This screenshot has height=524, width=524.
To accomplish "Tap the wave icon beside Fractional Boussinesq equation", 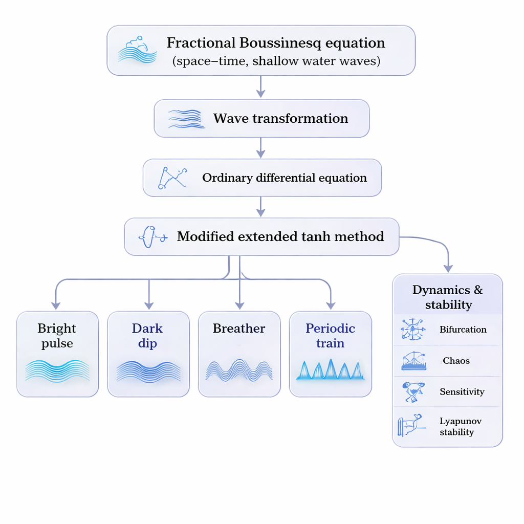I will click(x=137, y=50).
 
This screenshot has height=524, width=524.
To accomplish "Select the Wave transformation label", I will click(x=280, y=119).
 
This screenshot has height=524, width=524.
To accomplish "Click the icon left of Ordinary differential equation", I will click(x=172, y=178).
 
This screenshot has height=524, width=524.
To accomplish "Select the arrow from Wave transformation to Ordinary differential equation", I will click(x=260, y=148).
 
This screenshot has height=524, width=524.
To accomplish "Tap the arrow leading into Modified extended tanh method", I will click(x=260, y=207).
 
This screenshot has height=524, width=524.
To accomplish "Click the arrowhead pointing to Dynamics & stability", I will click(x=448, y=267).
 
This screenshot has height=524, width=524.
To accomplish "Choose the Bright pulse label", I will click(x=57, y=336).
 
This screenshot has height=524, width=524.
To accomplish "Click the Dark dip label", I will click(x=147, y=336).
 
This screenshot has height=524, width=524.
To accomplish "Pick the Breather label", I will click(x=239, y=329).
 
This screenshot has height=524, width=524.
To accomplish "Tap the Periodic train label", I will click(x=330, y=336).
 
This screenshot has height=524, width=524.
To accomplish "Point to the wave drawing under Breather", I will click(x=239, y=369).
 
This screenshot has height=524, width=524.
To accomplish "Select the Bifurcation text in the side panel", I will click(x=463, y=330).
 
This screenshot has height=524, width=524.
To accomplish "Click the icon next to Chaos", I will click(x=413, y=361).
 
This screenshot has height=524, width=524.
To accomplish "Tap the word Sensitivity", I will click(x=462, y=392).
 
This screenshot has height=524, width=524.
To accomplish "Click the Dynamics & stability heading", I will click(x=448, y=297).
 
